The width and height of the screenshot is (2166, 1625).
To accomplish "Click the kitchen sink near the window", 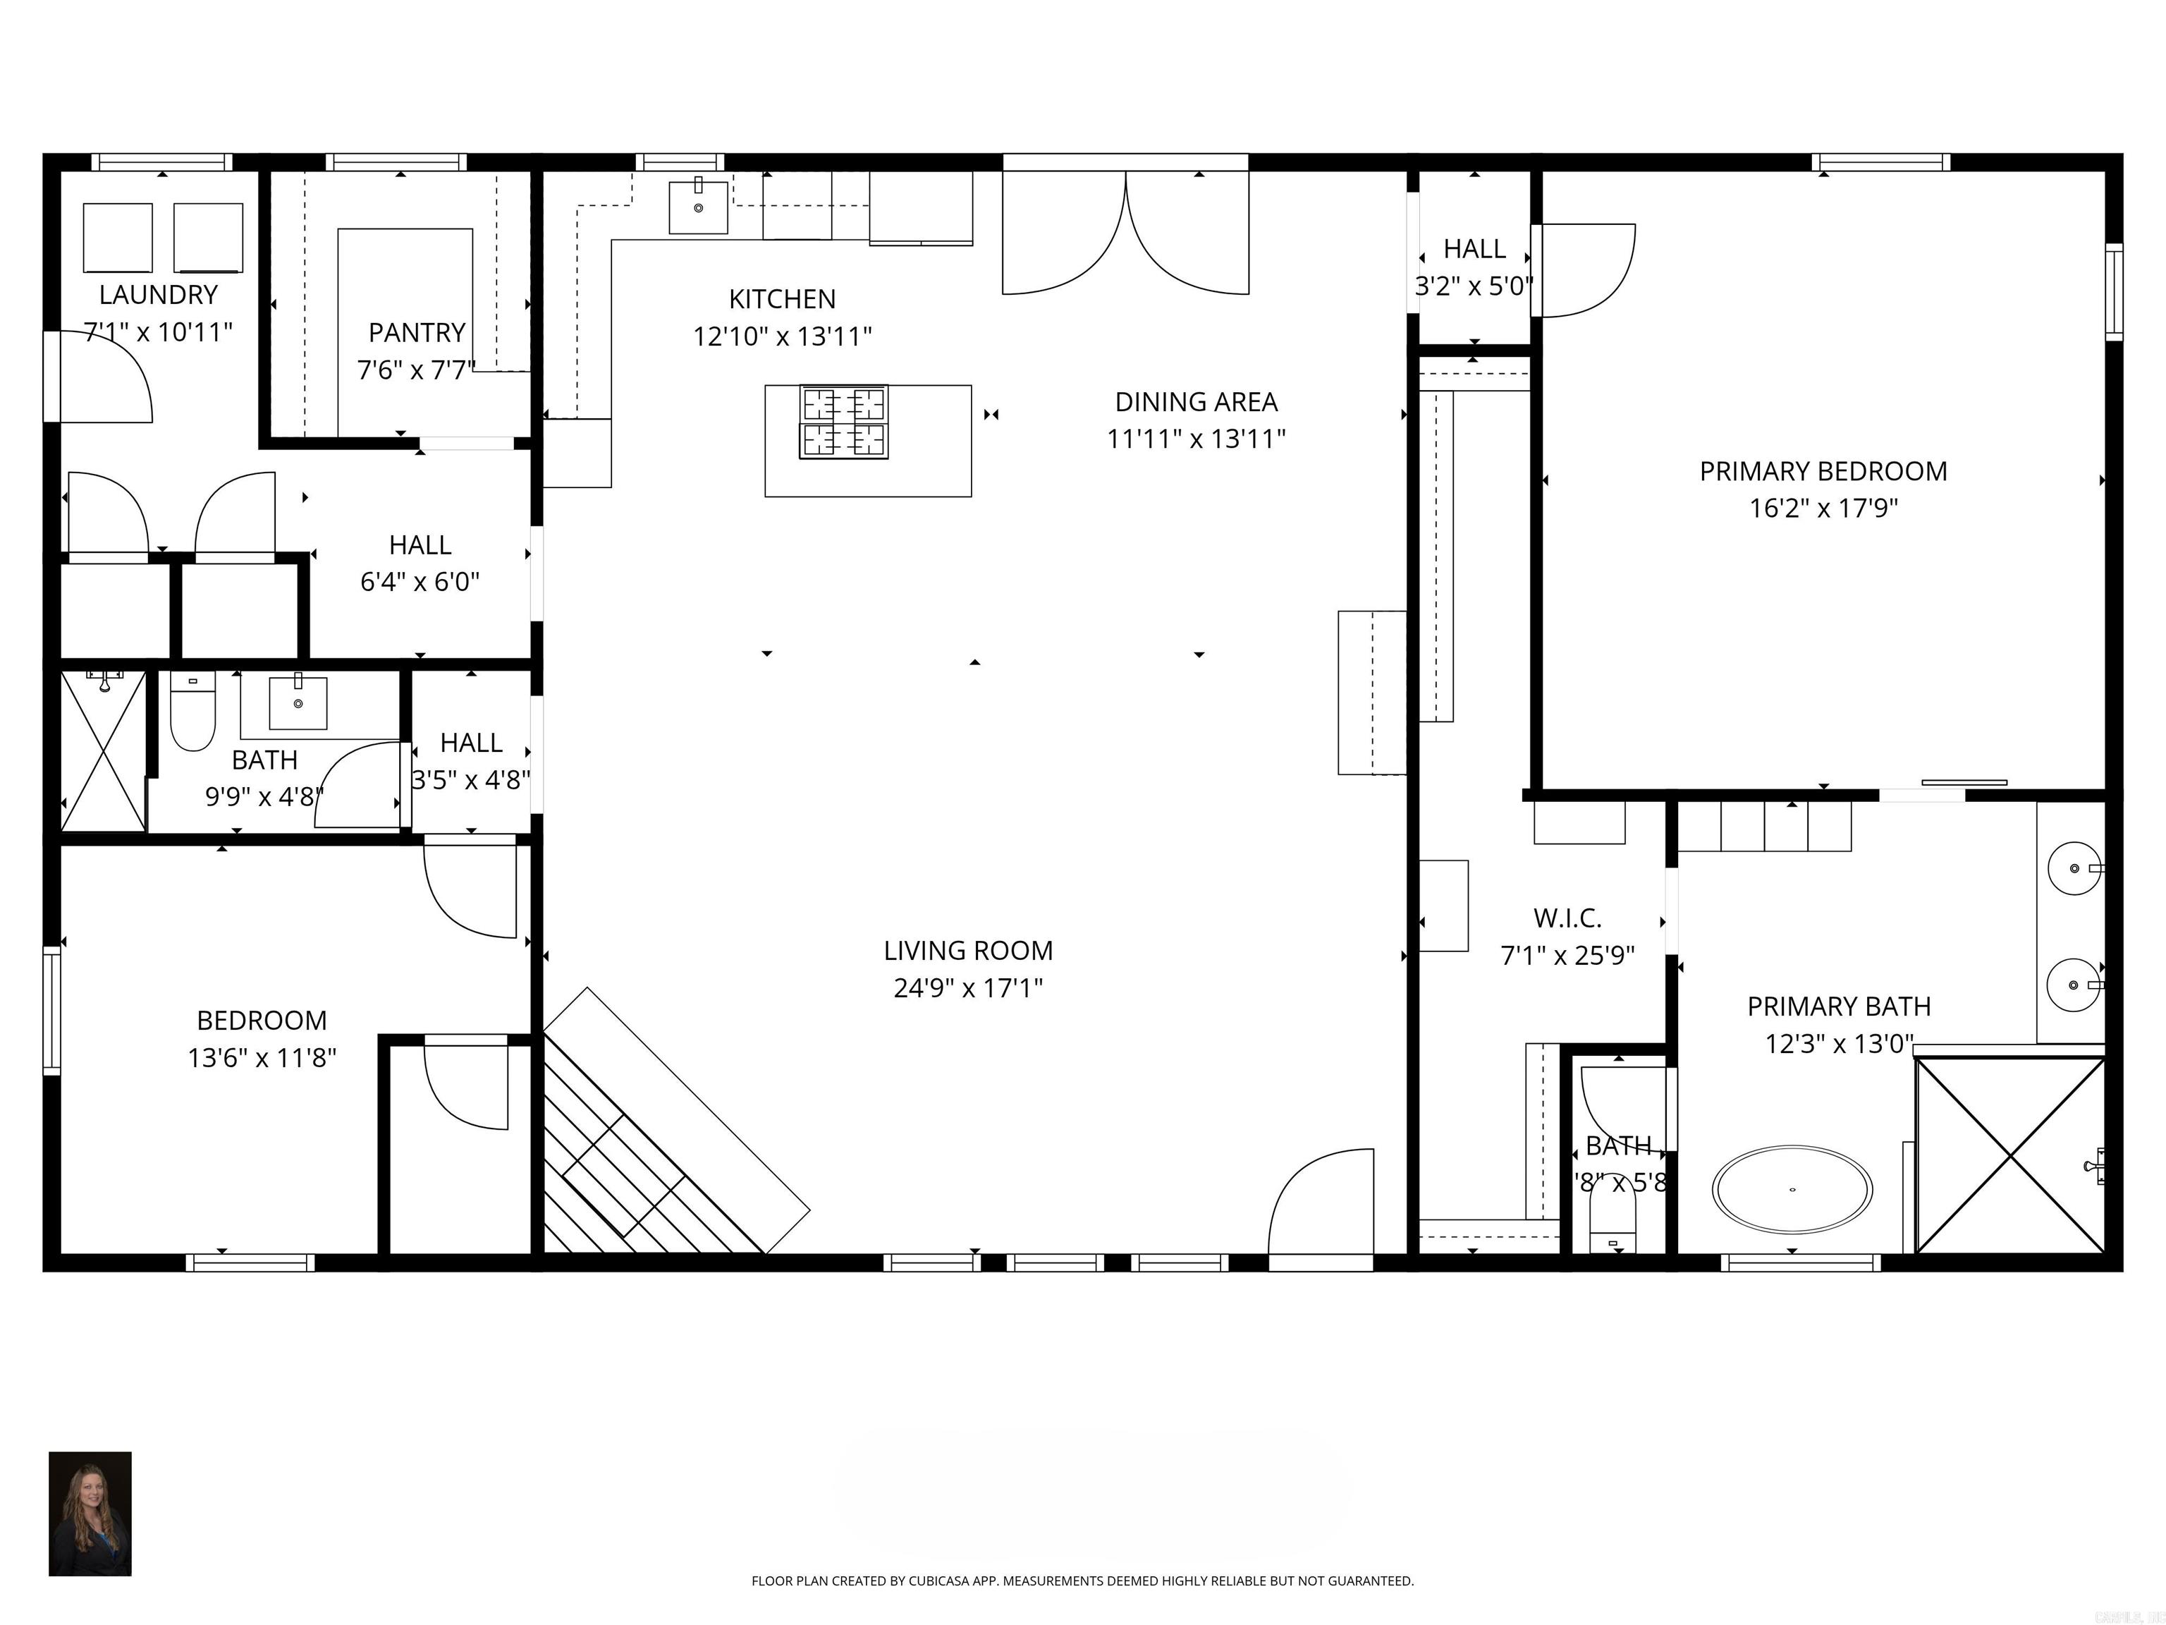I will click(698, 207).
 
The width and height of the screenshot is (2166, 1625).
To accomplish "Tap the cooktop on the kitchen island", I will click(844, 422).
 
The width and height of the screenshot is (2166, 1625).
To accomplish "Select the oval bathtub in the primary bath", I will click(1792, 1189).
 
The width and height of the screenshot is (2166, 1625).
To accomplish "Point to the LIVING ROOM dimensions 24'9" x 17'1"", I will click(967, 987).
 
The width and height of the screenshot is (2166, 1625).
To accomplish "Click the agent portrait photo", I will click(90, 1514).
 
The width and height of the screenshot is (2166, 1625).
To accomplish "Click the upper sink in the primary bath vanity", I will click(2074, 868).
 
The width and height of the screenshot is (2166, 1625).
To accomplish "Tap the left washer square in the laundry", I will click(118, 238).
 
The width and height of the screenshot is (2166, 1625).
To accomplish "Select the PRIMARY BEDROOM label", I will click(1823, 471).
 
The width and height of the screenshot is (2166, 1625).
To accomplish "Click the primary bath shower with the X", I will click(2009, 1157).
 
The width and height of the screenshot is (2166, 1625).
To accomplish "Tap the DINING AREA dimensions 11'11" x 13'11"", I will click(1196, 439).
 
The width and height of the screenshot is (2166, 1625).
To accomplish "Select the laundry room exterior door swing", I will click(103, 377).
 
